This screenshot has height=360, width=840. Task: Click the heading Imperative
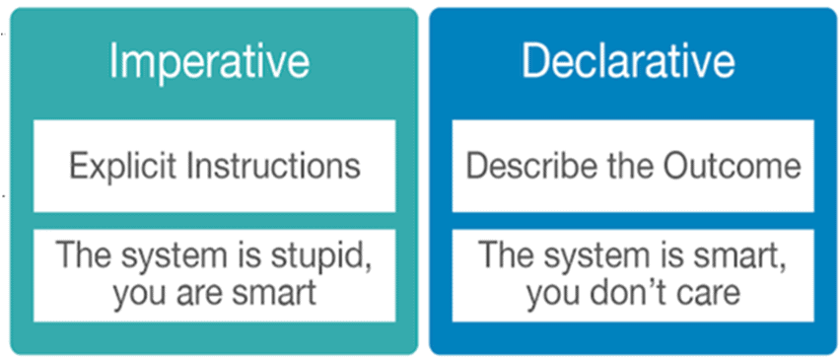(x=209, y=60)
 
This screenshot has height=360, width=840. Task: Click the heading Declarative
(x=628, y=60)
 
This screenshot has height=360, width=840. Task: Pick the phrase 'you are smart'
(x=215, y=292)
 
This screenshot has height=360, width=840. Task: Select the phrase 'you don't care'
(x=631, y=292)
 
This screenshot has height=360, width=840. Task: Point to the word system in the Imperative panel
(x=179, y=257)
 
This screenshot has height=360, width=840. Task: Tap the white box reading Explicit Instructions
(x=214, y=166)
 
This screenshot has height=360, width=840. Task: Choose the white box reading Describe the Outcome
(x=633, y=166)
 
